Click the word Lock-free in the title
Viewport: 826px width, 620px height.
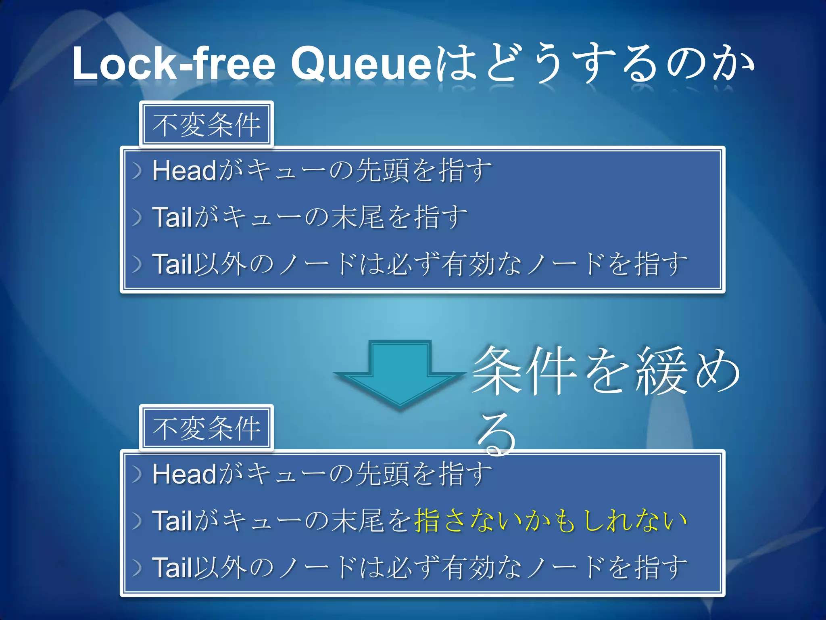click(x=173, y=64)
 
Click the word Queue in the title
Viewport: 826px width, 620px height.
click(x=361, y=64)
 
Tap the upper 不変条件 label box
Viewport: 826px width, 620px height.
click(x=206, y=125)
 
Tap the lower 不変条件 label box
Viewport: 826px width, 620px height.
click(x=206, y=428)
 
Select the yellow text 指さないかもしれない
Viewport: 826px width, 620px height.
click(x=551, y=521)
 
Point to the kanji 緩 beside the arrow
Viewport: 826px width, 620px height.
click(x=661, y=371)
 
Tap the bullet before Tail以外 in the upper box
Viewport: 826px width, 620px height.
click(x=138, y=264)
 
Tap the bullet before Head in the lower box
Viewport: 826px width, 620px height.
click(x=138, y=474)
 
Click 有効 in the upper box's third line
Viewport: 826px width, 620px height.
click(x=468, y=264)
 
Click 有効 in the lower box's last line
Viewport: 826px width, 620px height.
click(x=468, y=568)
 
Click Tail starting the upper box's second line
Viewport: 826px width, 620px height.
click(x=172, y=217)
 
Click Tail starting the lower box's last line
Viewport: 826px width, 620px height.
click(x=172, y=568)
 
